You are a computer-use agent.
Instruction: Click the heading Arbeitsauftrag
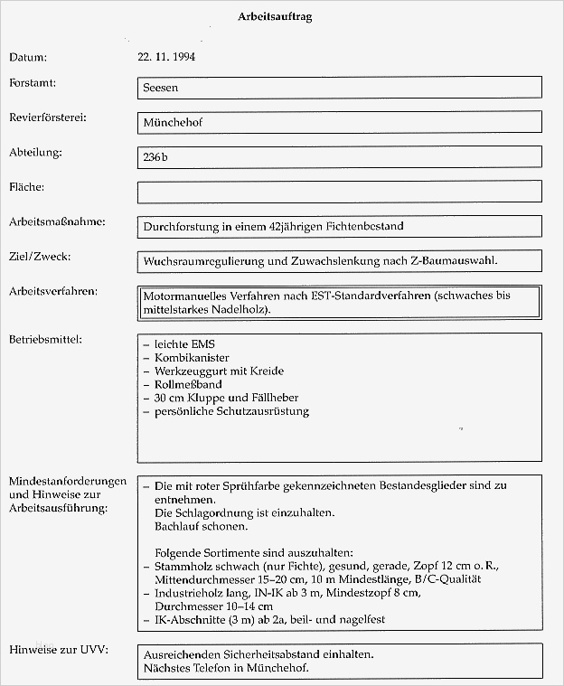pos(277,17)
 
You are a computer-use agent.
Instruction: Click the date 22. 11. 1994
pos(167,57)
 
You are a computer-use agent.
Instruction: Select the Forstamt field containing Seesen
pos(339,87)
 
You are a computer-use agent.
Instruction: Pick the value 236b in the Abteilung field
pos(155,156)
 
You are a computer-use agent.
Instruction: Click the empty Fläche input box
pos(339,192)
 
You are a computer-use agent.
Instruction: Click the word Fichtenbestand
pos(364,226)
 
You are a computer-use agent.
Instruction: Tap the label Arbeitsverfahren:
pos(53,291)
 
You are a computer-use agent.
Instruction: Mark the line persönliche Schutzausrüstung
pos(231,411)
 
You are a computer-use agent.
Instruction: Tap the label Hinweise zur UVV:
pos(58,650)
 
